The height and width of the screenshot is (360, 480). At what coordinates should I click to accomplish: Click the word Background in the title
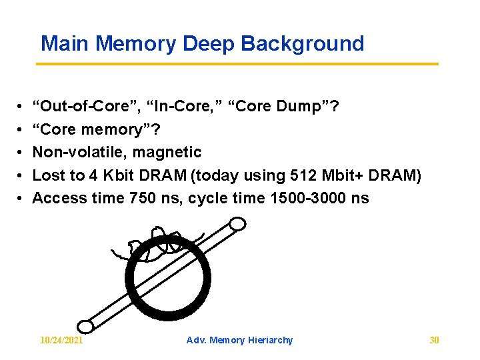pyautogui.click(x=303, y=44)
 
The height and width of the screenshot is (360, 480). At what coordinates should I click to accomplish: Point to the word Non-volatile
pyautogui.click(x=79, y=152)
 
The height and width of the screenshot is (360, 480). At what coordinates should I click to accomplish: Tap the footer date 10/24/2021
pyautogui.click(x=61, y=340)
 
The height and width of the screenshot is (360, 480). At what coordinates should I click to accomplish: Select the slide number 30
pyautogui.click(x=434, y=340)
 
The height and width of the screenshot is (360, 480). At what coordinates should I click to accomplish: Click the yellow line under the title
pyautogui.click(x=237, y=64)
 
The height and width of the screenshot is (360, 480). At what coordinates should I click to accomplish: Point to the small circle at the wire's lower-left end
pyautogui.click(x=86, y=325)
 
